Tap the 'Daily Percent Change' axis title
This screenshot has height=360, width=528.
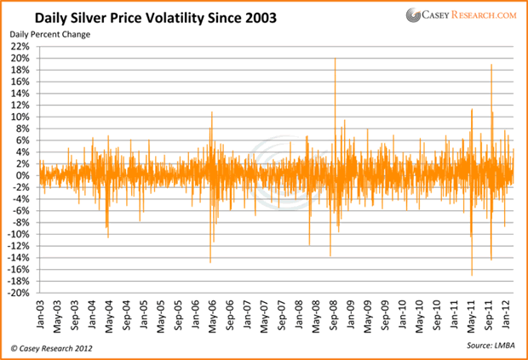[x=50, y=34]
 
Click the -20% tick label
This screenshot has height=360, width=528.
[x=19, y=293]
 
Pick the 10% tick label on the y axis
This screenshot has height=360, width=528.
[x=20, y=117]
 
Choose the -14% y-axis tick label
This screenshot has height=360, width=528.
[x=19, y=258]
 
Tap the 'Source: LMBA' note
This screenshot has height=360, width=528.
[x=489, y=347]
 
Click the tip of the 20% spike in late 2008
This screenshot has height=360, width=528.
[x=335, y=59]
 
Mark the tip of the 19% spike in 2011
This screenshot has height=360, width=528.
[x=491, y=65]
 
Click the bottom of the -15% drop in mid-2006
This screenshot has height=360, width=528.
[x=210, y=262]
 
